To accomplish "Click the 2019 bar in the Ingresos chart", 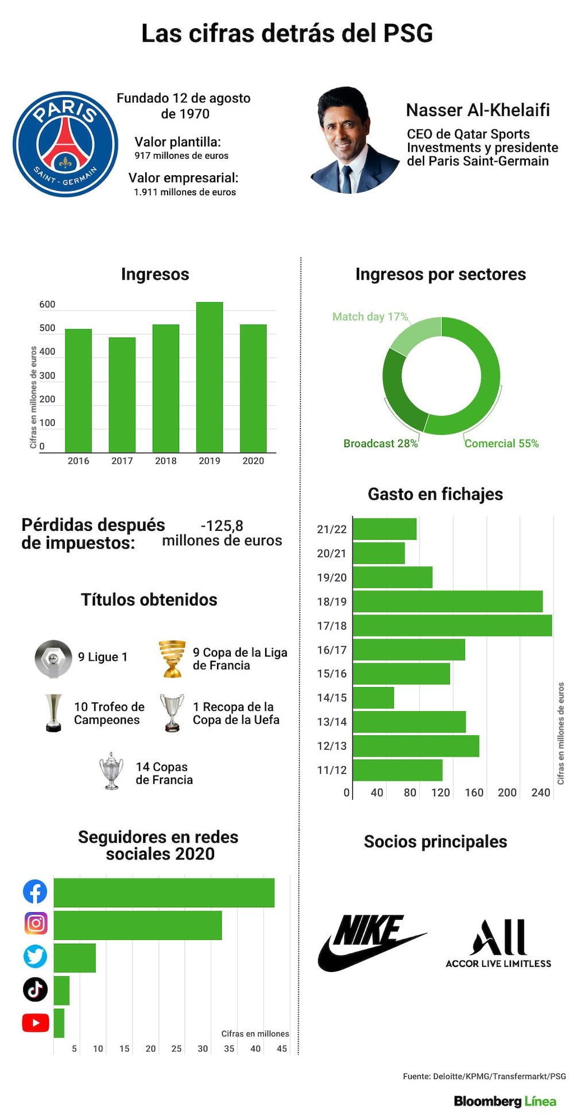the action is [x=210, y=377].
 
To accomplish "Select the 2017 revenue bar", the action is [x=122, y=395].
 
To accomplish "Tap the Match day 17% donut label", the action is [x=370, y=317].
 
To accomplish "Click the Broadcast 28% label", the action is [x=381, y=444].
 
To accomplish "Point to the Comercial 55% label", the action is [x=502, y=444].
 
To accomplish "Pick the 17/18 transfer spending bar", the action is [x=452, y=626].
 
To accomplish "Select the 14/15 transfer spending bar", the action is [x=374, y=697].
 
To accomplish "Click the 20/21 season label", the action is [x=332, y=553].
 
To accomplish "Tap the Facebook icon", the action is [x=35, y=892].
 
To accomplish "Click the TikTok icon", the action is [x=35, y=989].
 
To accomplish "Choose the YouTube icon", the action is [x=36, y=1023].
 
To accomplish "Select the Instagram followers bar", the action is [x=138, y=925].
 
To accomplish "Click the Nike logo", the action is [x=372, y=942].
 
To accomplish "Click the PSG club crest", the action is [x=65, y=144].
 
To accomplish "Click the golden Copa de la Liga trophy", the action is [x=172, y=658].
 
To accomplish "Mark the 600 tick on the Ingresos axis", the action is [x=48, y=304].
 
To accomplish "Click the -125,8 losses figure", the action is [x=222, y=526].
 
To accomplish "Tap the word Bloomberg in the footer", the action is [x=488, y=1101].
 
